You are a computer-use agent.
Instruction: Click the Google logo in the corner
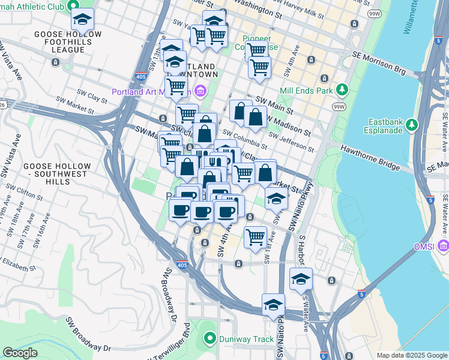pyautogui.click(x=20, y=353)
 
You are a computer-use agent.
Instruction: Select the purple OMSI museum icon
pyautogui.click(x=443, y=246)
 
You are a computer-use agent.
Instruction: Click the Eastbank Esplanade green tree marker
pyautogui.click(x=412, y=124)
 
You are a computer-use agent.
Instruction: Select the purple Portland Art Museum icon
pyautogui.click(x=200, y=92)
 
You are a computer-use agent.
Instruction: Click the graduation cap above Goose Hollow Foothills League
pyautogui.click(x=83, y=19)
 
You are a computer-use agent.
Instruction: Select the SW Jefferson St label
pyautogui.click(x=291, y=143)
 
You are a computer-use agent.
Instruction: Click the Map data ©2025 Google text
pyautogui.click(x=411, y=355)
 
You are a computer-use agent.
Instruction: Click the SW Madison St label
pyautogui.click(x=289, y=124)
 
